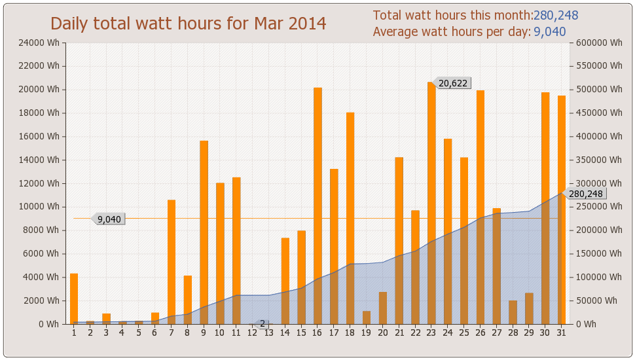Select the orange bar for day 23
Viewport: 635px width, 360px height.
coord(431,203)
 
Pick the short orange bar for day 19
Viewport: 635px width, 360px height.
coord(367,317)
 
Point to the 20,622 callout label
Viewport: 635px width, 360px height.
coord(452,83)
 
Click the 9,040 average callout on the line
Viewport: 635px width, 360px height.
coord(109,219)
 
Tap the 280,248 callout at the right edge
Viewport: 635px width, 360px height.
coord(585,194)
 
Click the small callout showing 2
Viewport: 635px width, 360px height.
coord(263,323)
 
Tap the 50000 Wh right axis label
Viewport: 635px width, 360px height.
coord(596,300)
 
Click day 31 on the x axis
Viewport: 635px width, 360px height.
coord(561,333)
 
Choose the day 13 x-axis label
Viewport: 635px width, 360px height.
coord(268,333)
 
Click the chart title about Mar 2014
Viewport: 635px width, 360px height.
coord(189,24)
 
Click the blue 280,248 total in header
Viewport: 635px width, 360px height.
coord(556,16)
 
